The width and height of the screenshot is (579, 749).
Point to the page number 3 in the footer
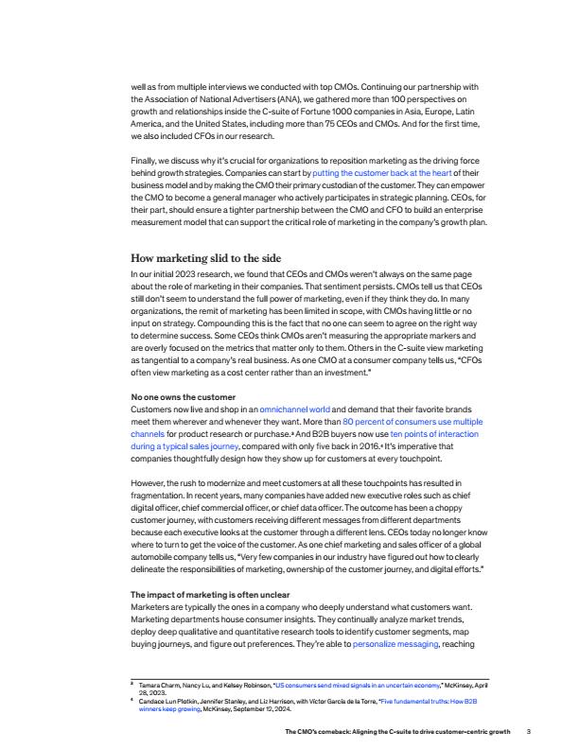click(x=529, y=731)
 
